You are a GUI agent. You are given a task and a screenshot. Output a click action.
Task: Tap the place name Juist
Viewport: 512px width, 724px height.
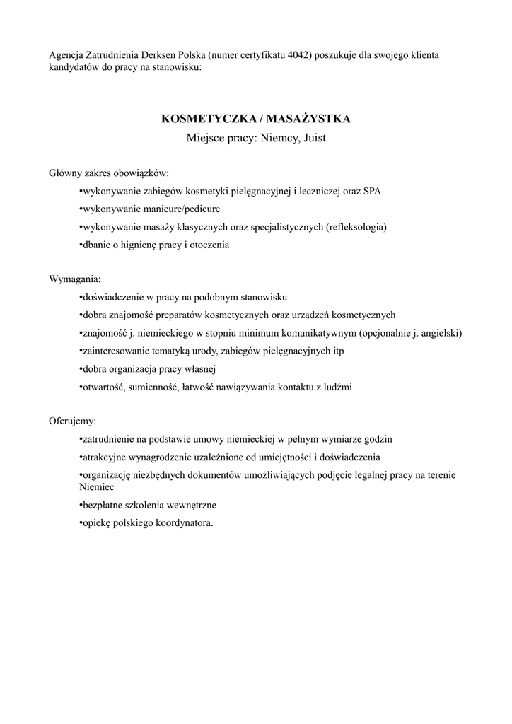click(313, 138)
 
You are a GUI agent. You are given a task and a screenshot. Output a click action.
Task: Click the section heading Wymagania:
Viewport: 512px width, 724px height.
click(75, 279)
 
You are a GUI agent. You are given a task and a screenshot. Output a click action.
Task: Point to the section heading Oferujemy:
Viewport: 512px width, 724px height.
click(73, 421)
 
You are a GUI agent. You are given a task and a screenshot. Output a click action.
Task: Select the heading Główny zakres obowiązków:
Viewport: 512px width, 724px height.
click(110, 173)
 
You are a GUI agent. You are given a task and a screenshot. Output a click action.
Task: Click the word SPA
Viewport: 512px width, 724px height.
click(371, 192)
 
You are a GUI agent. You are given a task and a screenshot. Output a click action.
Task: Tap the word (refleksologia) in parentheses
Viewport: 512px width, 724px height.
click(356, 227)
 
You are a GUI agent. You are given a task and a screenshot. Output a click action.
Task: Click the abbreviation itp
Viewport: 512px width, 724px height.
click(338, 351)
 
